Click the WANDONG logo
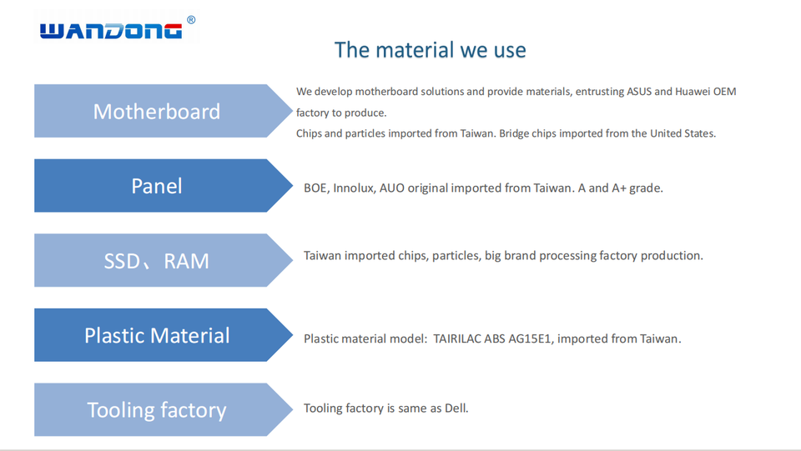pos(111,31)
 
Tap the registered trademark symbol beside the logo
pos(191,20)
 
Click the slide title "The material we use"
pos(430,50)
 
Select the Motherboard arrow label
pos(156,112)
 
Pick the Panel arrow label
pos(156,186)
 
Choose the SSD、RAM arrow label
pos(156,261)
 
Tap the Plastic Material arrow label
pos(156,336)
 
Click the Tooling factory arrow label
pos(156,410)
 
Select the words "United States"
pos(682,133)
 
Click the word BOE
pos(315,188)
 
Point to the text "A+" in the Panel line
pos(621,188)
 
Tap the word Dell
pos(456,408)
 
